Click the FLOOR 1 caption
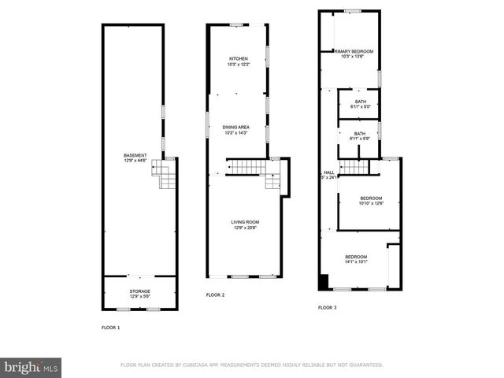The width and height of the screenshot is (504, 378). pyautogui.click(x=111, y=326)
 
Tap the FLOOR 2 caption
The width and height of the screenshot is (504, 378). pyautogui.click(x=215, y=295)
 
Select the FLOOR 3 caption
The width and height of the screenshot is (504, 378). pyautogui.click(x=327, y=308)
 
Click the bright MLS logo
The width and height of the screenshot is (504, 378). pyautogui.click(x=31, y=367)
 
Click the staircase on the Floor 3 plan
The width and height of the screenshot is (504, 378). pyautogui.click(x=354, y=166)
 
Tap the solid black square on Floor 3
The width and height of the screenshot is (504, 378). pyautogui.click(x=323, y=282)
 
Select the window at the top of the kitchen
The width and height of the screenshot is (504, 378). pyautogui.click(x=235, y=26)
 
